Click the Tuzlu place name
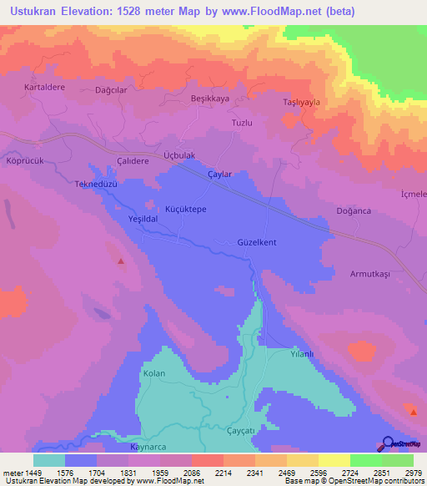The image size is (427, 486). click(241, 123)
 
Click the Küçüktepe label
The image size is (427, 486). click(185, 209)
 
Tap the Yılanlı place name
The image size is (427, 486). click(300, 354)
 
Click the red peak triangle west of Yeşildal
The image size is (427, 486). click(121, 261)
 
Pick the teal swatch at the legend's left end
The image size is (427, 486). click(49, 460)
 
